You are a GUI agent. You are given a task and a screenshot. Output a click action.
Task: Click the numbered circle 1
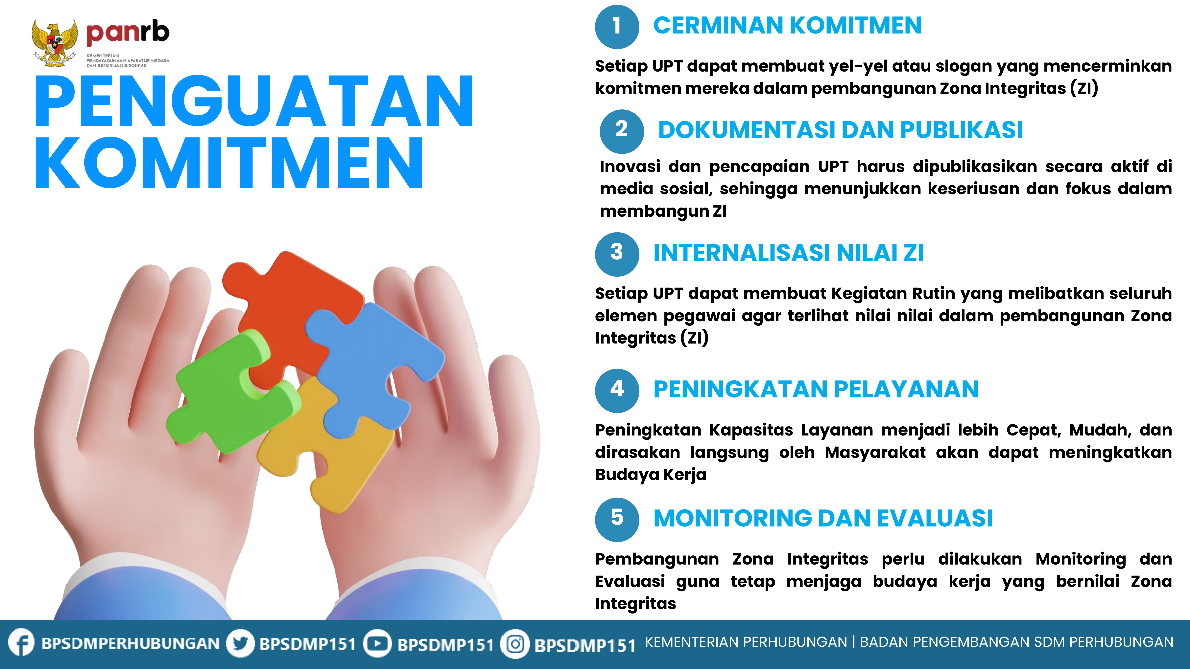coord(617,26)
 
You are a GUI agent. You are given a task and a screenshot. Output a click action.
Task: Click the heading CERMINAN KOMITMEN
coord(787,25)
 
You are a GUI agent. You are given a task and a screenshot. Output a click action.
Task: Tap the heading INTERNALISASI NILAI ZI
coord(789,253)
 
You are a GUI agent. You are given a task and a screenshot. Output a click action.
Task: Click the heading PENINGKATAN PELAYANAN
coord(816,389)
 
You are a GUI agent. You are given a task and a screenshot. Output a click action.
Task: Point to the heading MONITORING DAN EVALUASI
coord(823,518)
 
